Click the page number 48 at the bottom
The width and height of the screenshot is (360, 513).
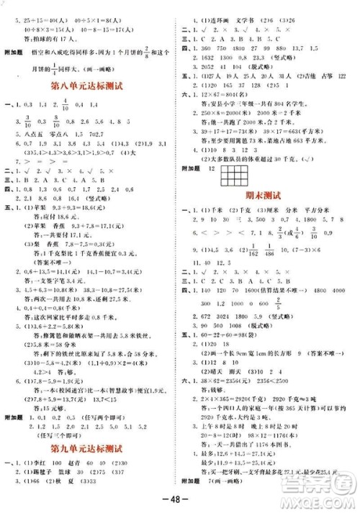click(x=179, y=499)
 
